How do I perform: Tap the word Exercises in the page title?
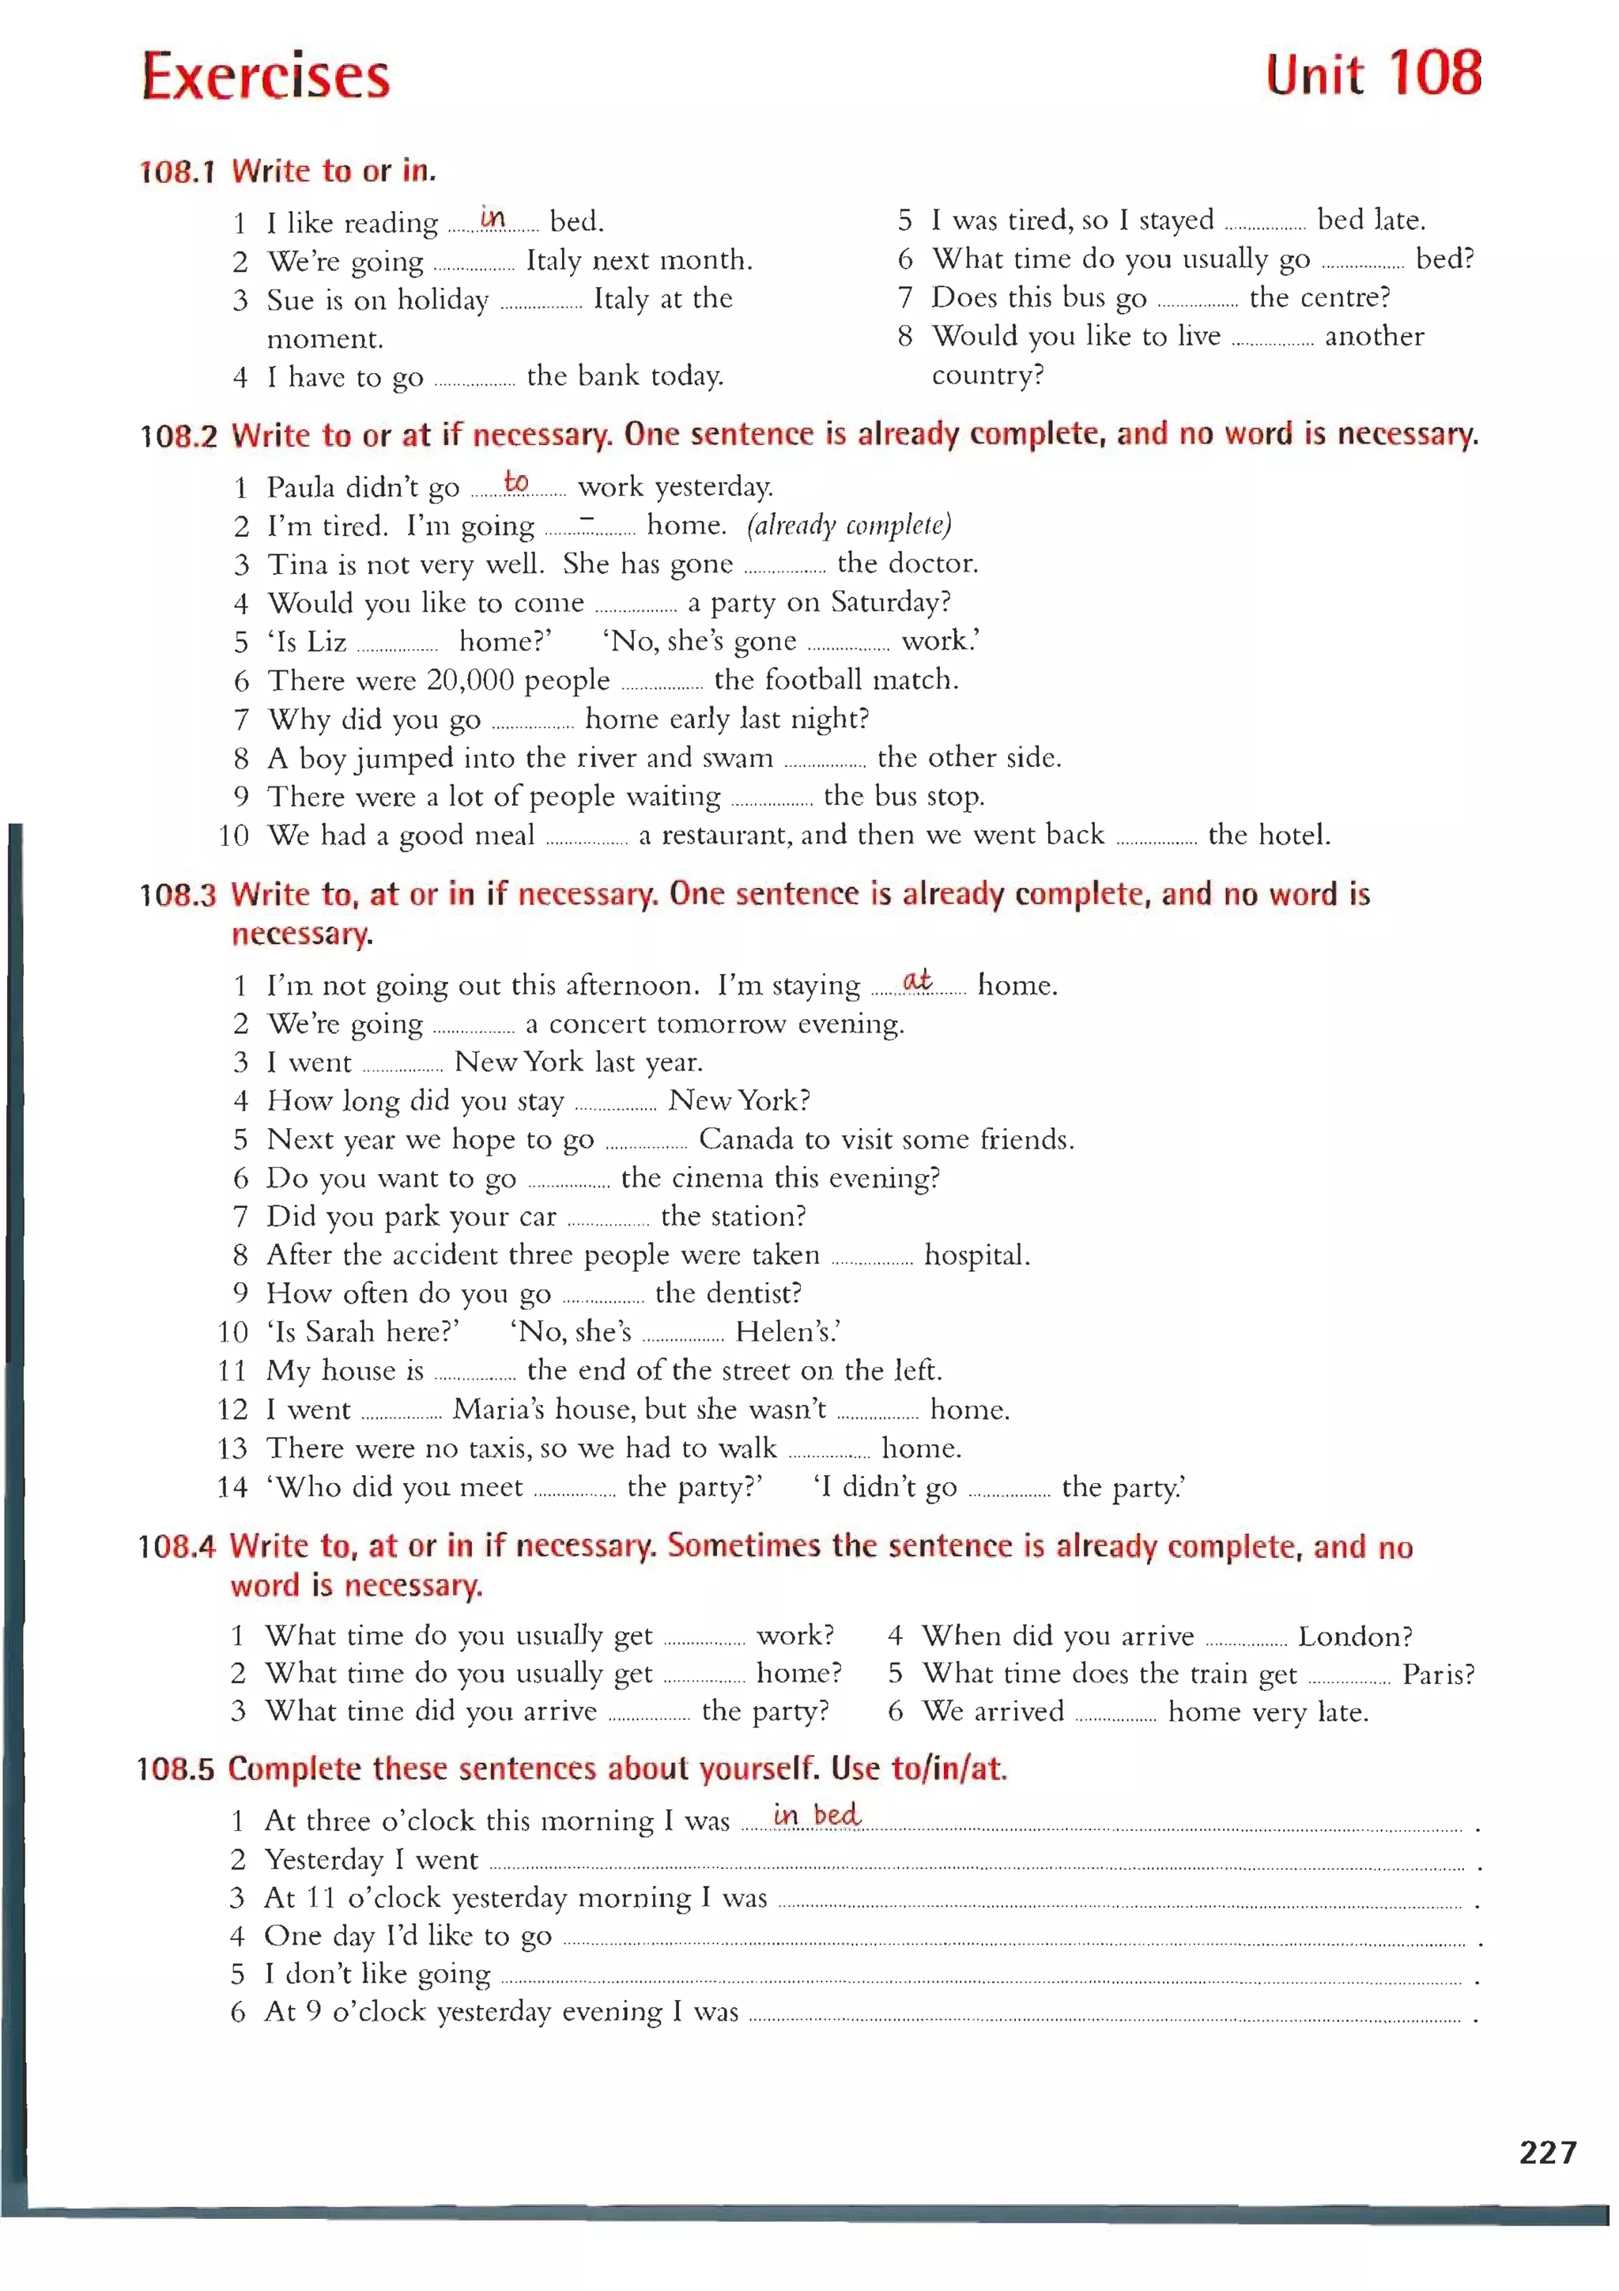point(266,77)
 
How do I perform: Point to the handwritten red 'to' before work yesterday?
point(515,482)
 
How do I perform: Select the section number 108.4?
point(176,1546)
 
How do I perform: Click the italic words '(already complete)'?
point(849,525)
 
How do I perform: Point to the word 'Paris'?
point(1437,1674)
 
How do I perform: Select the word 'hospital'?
point(976,1255)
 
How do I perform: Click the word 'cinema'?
point(714,1179)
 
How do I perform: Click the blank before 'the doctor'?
point(784,567)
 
